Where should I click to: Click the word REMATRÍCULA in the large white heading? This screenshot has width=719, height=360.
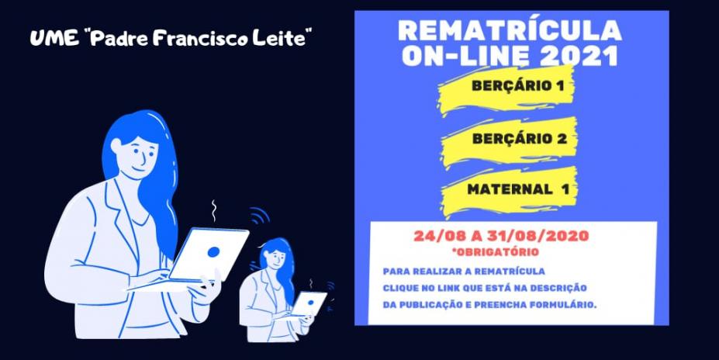point(510,32)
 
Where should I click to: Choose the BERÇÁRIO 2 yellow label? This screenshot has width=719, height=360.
point(509,140)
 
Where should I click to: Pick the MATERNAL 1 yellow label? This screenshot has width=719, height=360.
point(509,191)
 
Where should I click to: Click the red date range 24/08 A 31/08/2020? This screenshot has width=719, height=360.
point(501,236)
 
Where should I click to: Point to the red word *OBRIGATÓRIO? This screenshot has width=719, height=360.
point(495,252)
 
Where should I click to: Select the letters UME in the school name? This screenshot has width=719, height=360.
point(47,39)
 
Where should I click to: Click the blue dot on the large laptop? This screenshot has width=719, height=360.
point(213,252)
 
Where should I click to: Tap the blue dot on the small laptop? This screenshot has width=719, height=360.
point(310,303)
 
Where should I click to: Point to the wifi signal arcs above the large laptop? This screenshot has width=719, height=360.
point(259,216)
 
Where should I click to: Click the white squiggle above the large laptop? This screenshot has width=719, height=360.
point(213,211)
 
